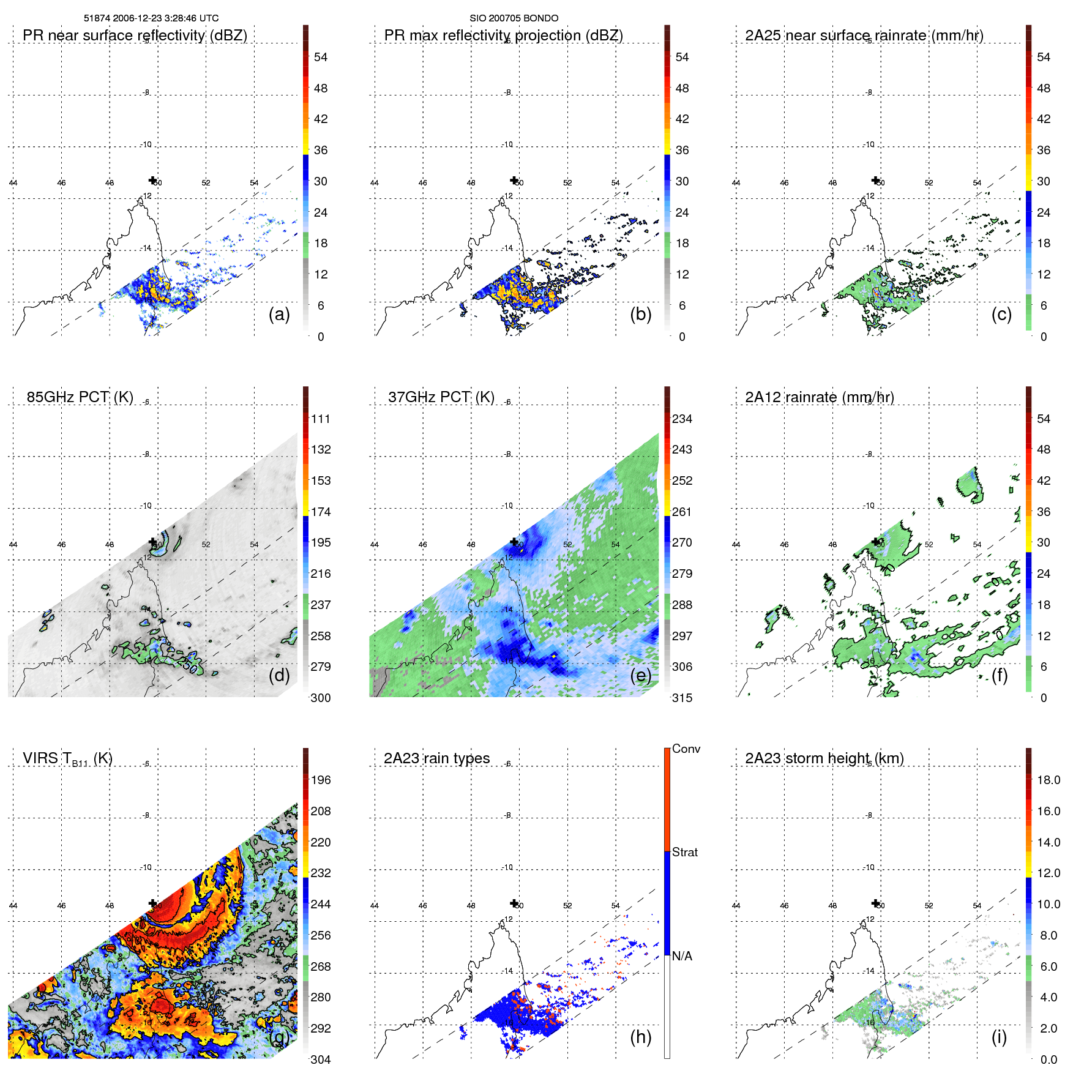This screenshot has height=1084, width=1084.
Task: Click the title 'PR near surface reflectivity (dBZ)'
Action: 135,36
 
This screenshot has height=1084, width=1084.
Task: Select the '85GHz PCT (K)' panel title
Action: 80,397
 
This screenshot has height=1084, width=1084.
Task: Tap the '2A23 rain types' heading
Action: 436,758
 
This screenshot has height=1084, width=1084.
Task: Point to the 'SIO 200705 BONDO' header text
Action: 514,18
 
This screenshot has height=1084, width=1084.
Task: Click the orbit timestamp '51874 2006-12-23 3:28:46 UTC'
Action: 151,18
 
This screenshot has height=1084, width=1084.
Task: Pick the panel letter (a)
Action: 279,315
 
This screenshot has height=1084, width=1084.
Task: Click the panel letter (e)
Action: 641,676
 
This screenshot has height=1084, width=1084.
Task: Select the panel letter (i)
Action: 999,1037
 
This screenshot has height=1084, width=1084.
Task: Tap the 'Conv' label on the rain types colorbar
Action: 686,749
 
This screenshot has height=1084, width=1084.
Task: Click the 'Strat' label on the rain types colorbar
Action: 685,853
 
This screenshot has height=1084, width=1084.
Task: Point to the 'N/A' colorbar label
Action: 682,956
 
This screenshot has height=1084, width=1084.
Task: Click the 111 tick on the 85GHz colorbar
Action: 321,419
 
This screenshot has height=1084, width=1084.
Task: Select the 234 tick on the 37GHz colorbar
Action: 682,419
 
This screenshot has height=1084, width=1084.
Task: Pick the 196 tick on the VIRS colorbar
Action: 321,780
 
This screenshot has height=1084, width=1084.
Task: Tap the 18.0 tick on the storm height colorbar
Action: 1048,780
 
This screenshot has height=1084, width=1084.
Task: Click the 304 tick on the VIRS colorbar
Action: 321,1060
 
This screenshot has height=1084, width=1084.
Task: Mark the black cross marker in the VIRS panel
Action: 152,903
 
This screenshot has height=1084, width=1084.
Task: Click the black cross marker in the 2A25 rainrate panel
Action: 875,180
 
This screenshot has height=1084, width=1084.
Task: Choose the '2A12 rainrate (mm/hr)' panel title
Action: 820,397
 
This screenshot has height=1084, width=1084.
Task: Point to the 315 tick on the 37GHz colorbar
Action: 682,698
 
